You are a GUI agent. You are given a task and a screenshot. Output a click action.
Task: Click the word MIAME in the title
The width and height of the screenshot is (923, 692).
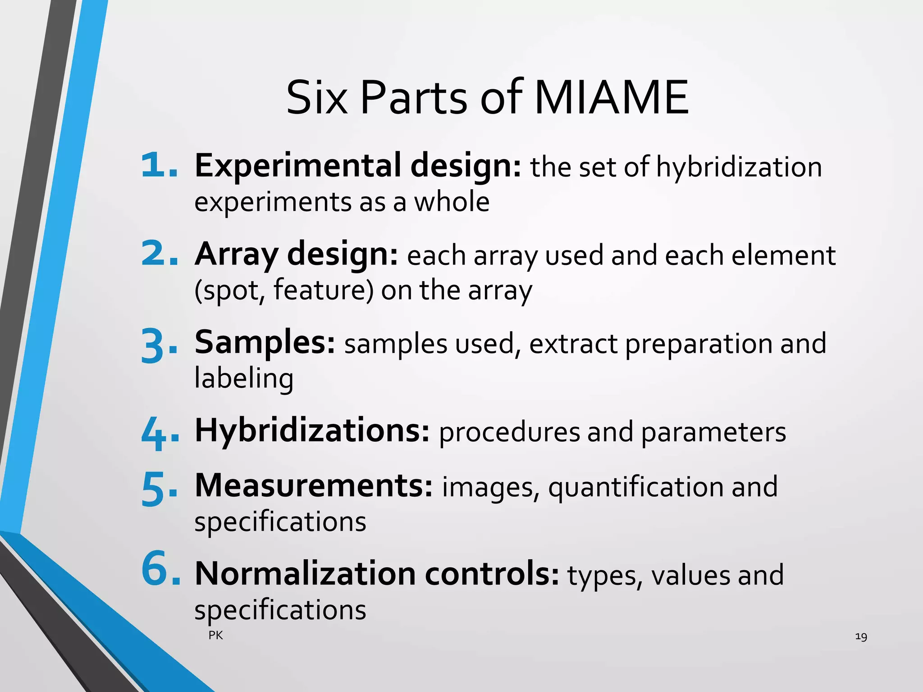(611, 98)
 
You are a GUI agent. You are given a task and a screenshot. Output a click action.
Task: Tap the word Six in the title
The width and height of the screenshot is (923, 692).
(317, 98)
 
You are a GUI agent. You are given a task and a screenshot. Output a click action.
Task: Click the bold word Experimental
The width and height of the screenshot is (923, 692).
(298, 166)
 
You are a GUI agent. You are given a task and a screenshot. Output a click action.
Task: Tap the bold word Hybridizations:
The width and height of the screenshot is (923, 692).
(312, 431)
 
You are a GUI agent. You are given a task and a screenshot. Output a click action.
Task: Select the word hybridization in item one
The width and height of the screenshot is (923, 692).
(739, 168)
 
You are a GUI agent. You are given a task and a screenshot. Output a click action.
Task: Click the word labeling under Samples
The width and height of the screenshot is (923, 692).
(244, 378)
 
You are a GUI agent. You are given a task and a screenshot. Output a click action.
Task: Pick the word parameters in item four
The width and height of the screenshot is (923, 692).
(713, 432)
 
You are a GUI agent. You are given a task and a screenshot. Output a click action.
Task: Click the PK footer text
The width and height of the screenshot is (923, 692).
(216, 635)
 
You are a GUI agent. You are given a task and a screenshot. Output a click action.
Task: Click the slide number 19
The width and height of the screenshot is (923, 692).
(861, 637)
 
